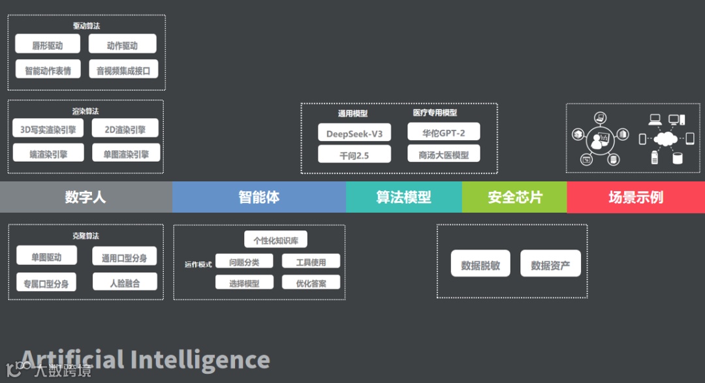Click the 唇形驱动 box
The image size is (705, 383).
coord(48,44)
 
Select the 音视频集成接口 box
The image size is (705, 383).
coord(123,69)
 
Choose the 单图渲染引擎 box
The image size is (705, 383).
coord(126,153)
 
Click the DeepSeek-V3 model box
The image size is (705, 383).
coord(354,134)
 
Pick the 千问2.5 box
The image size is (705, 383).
coord(354,155)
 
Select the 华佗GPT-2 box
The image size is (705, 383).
coord(444,132)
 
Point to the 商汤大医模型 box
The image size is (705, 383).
coord(444,154)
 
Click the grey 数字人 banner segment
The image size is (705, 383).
coord(86,197)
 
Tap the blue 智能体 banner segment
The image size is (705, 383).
coord(259,197)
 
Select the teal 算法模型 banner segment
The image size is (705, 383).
coord(403,197)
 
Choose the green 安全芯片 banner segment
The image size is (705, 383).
coord(514,197)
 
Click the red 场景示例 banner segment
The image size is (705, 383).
coord(636,197)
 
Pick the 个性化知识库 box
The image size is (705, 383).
coord(275,240)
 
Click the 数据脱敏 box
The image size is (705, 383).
coord(480,264)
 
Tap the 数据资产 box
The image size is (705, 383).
coord(550,264)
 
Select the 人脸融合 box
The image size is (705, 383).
coord(125,282)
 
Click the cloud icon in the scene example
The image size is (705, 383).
coord(665,139)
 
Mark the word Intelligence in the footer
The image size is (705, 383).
coord(200,360)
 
